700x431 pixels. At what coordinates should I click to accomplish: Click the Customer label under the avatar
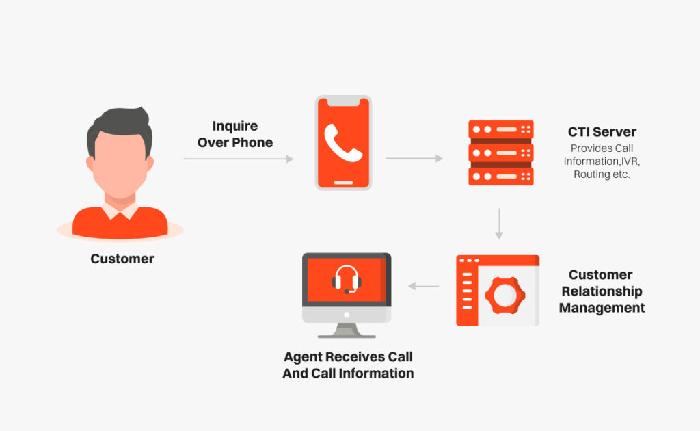point(122,259)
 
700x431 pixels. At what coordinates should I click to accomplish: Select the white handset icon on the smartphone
point(342,140)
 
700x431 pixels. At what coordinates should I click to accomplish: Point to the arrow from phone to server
point(414,158)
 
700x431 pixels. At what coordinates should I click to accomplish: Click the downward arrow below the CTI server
point(499,224)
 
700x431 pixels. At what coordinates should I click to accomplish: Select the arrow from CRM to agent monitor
point(424,286)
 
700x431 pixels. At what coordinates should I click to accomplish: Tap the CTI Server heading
point(602,132)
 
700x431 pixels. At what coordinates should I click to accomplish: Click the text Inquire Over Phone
point(234,134)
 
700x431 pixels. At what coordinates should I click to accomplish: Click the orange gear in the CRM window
point(504,295)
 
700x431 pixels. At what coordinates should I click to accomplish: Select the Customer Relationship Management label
point(602,291)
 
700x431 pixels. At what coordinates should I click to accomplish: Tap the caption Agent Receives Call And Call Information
point(348,365)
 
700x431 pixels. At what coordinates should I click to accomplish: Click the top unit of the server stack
point(500,129)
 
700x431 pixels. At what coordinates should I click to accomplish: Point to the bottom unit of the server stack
point(500,176)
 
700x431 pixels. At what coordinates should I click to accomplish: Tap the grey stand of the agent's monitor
point(347,330)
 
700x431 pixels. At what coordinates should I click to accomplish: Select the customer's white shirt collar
point(120,209)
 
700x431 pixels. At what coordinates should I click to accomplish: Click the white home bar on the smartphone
point(343,183)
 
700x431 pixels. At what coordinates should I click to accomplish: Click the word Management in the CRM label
point(602,308)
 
